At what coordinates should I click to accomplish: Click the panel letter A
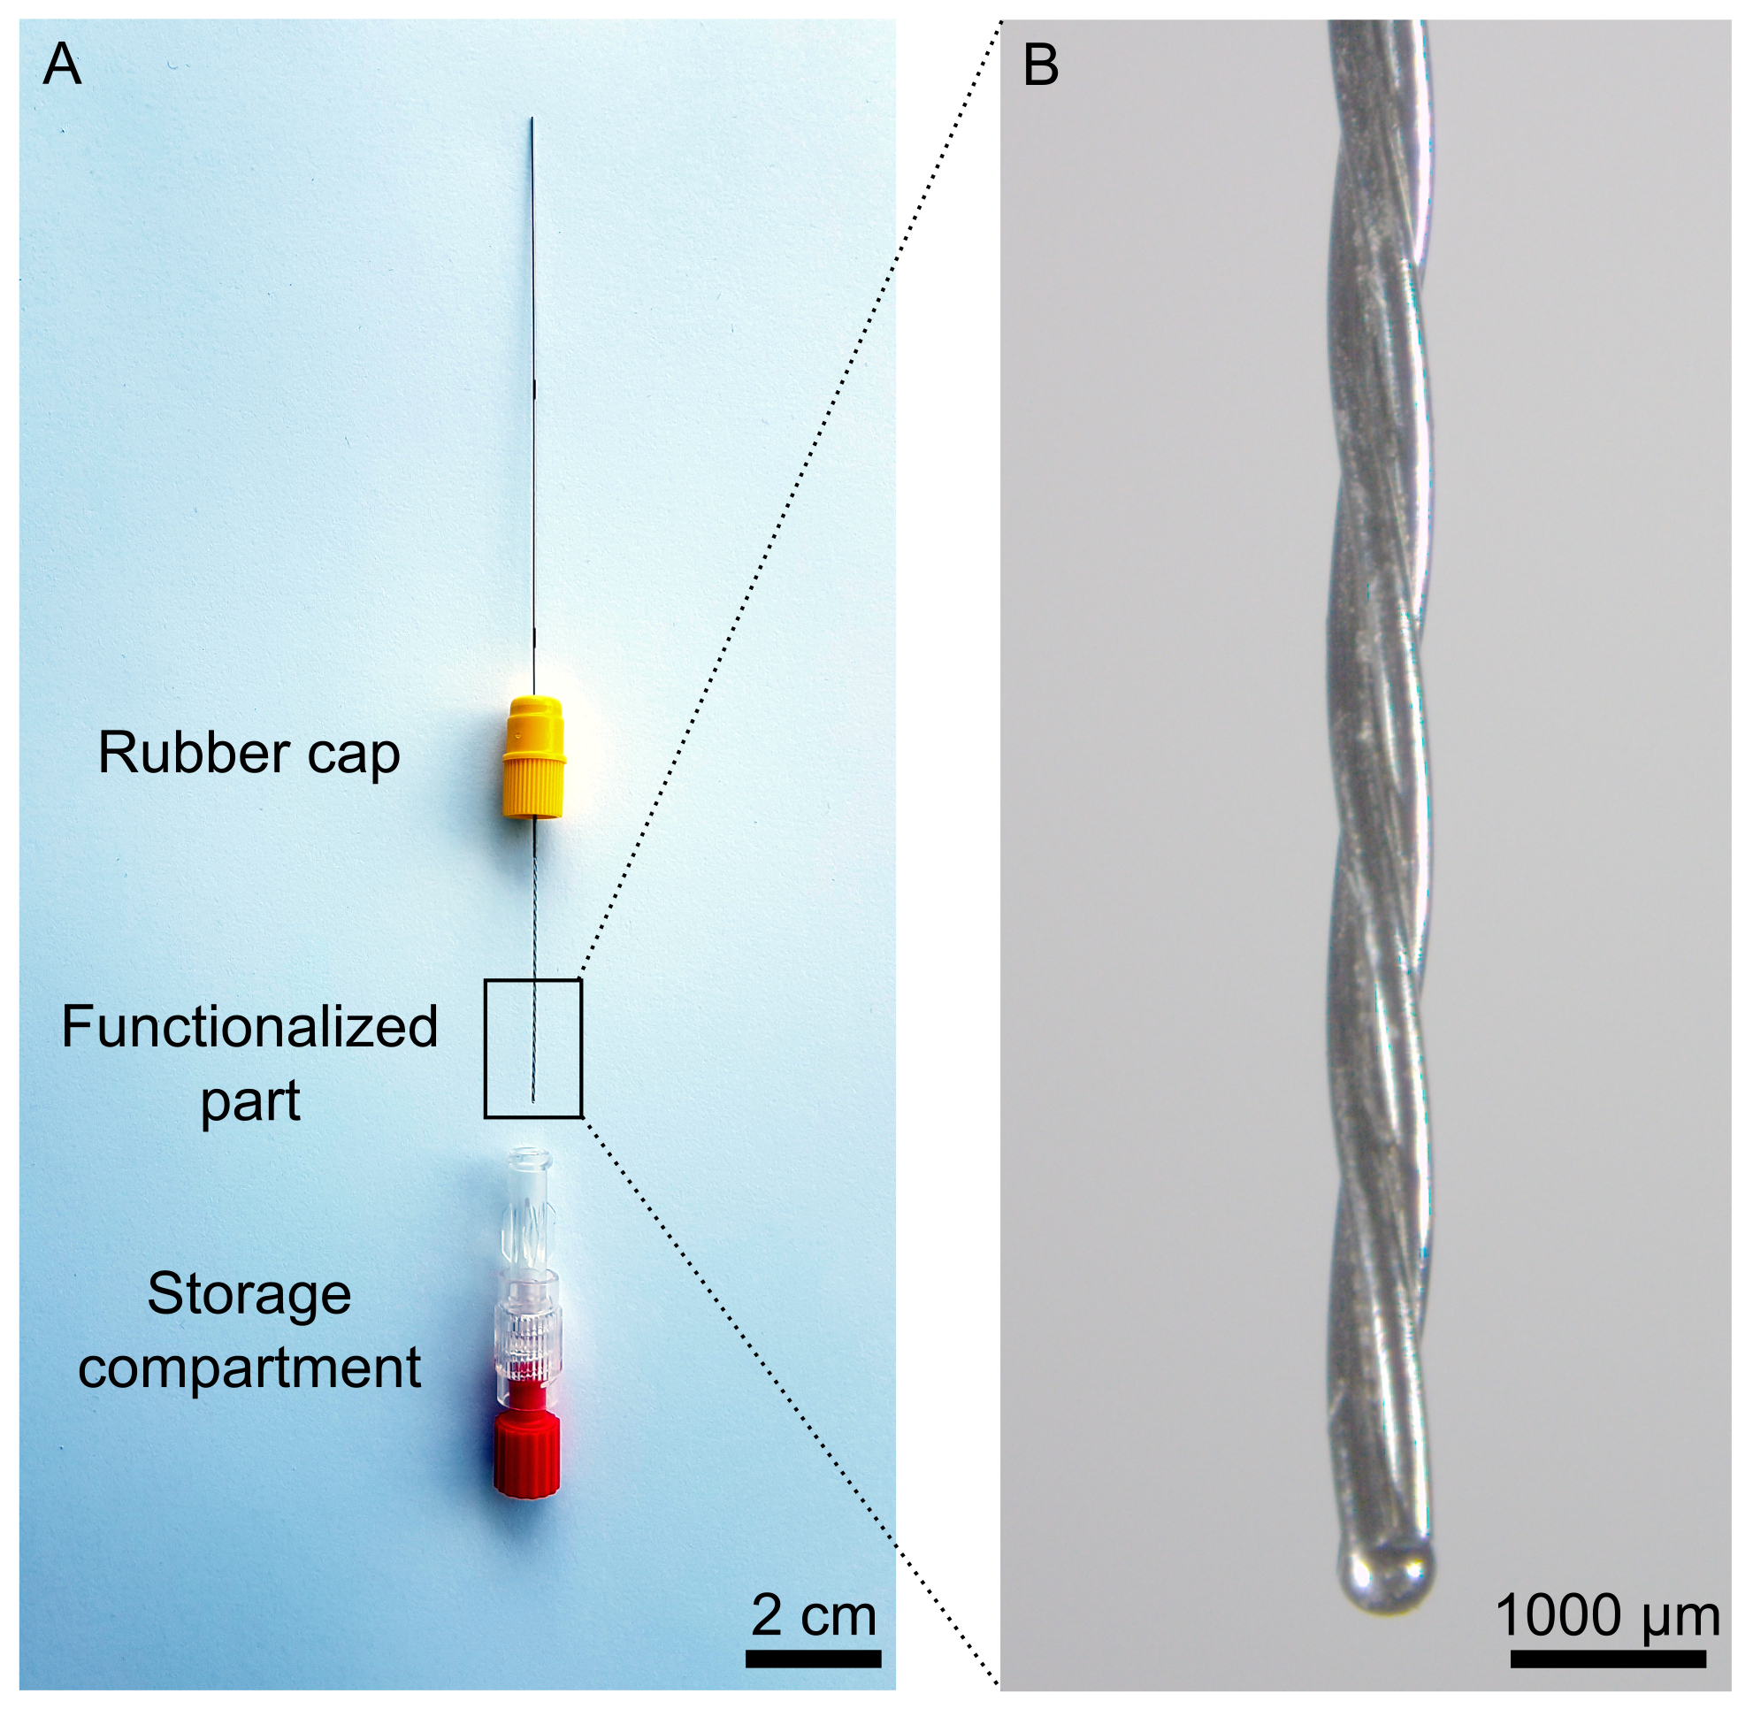pos(62,65)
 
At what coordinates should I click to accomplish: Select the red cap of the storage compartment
pos(527,1453)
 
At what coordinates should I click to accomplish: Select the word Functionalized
pos(249,1027)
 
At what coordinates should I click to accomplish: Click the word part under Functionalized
pos(249,1102)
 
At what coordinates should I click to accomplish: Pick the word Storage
pos(249,1294)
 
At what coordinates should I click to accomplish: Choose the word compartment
pos(249,1368)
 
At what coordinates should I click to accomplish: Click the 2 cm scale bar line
pos(813,1659)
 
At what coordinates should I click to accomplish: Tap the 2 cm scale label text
pos(813,1615)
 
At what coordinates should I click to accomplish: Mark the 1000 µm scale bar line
pos(1608,1659)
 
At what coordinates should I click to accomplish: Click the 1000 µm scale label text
pos(1608,1615)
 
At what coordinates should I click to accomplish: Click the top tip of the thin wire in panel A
pos(532,120)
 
